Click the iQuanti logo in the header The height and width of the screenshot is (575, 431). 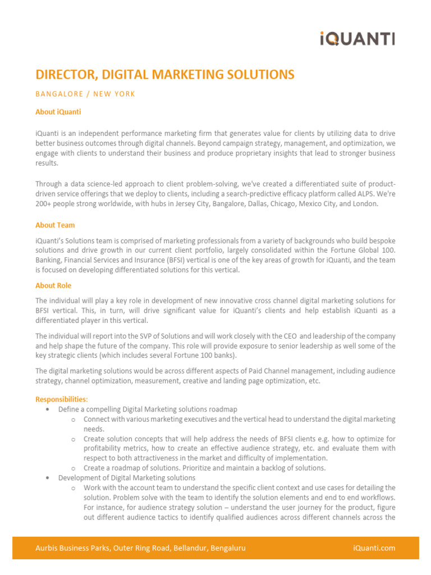pos(357,39)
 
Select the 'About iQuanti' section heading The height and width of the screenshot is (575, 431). pos(58,112)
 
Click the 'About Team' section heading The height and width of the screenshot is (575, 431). pos(55,225)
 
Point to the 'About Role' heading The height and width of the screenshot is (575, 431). pos(53,286)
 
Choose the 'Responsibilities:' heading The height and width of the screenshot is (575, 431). pos(62,399)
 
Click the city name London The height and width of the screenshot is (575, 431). pos(366,204)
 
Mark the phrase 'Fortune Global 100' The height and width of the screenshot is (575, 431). pos(361,250)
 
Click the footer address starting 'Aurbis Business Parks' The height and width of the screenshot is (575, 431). pos(140,548)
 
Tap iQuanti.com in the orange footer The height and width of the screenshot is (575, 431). pos(374,548)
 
